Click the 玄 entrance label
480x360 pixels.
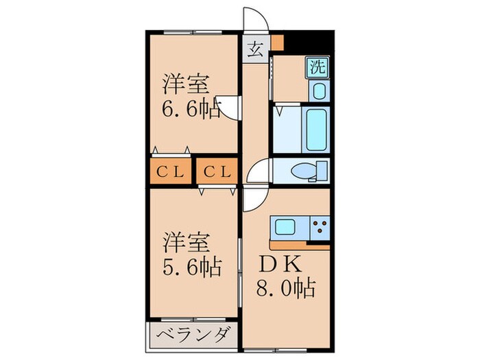pos(255,49)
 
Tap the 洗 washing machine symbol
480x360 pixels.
pos(317,67)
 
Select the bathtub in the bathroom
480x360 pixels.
pos(317,130)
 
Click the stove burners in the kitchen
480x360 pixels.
pos(320,226)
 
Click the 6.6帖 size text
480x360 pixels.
pos(191,109)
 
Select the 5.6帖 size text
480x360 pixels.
pos(191,266)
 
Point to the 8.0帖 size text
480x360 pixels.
pos(286,287)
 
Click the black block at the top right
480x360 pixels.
pos(309,41)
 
